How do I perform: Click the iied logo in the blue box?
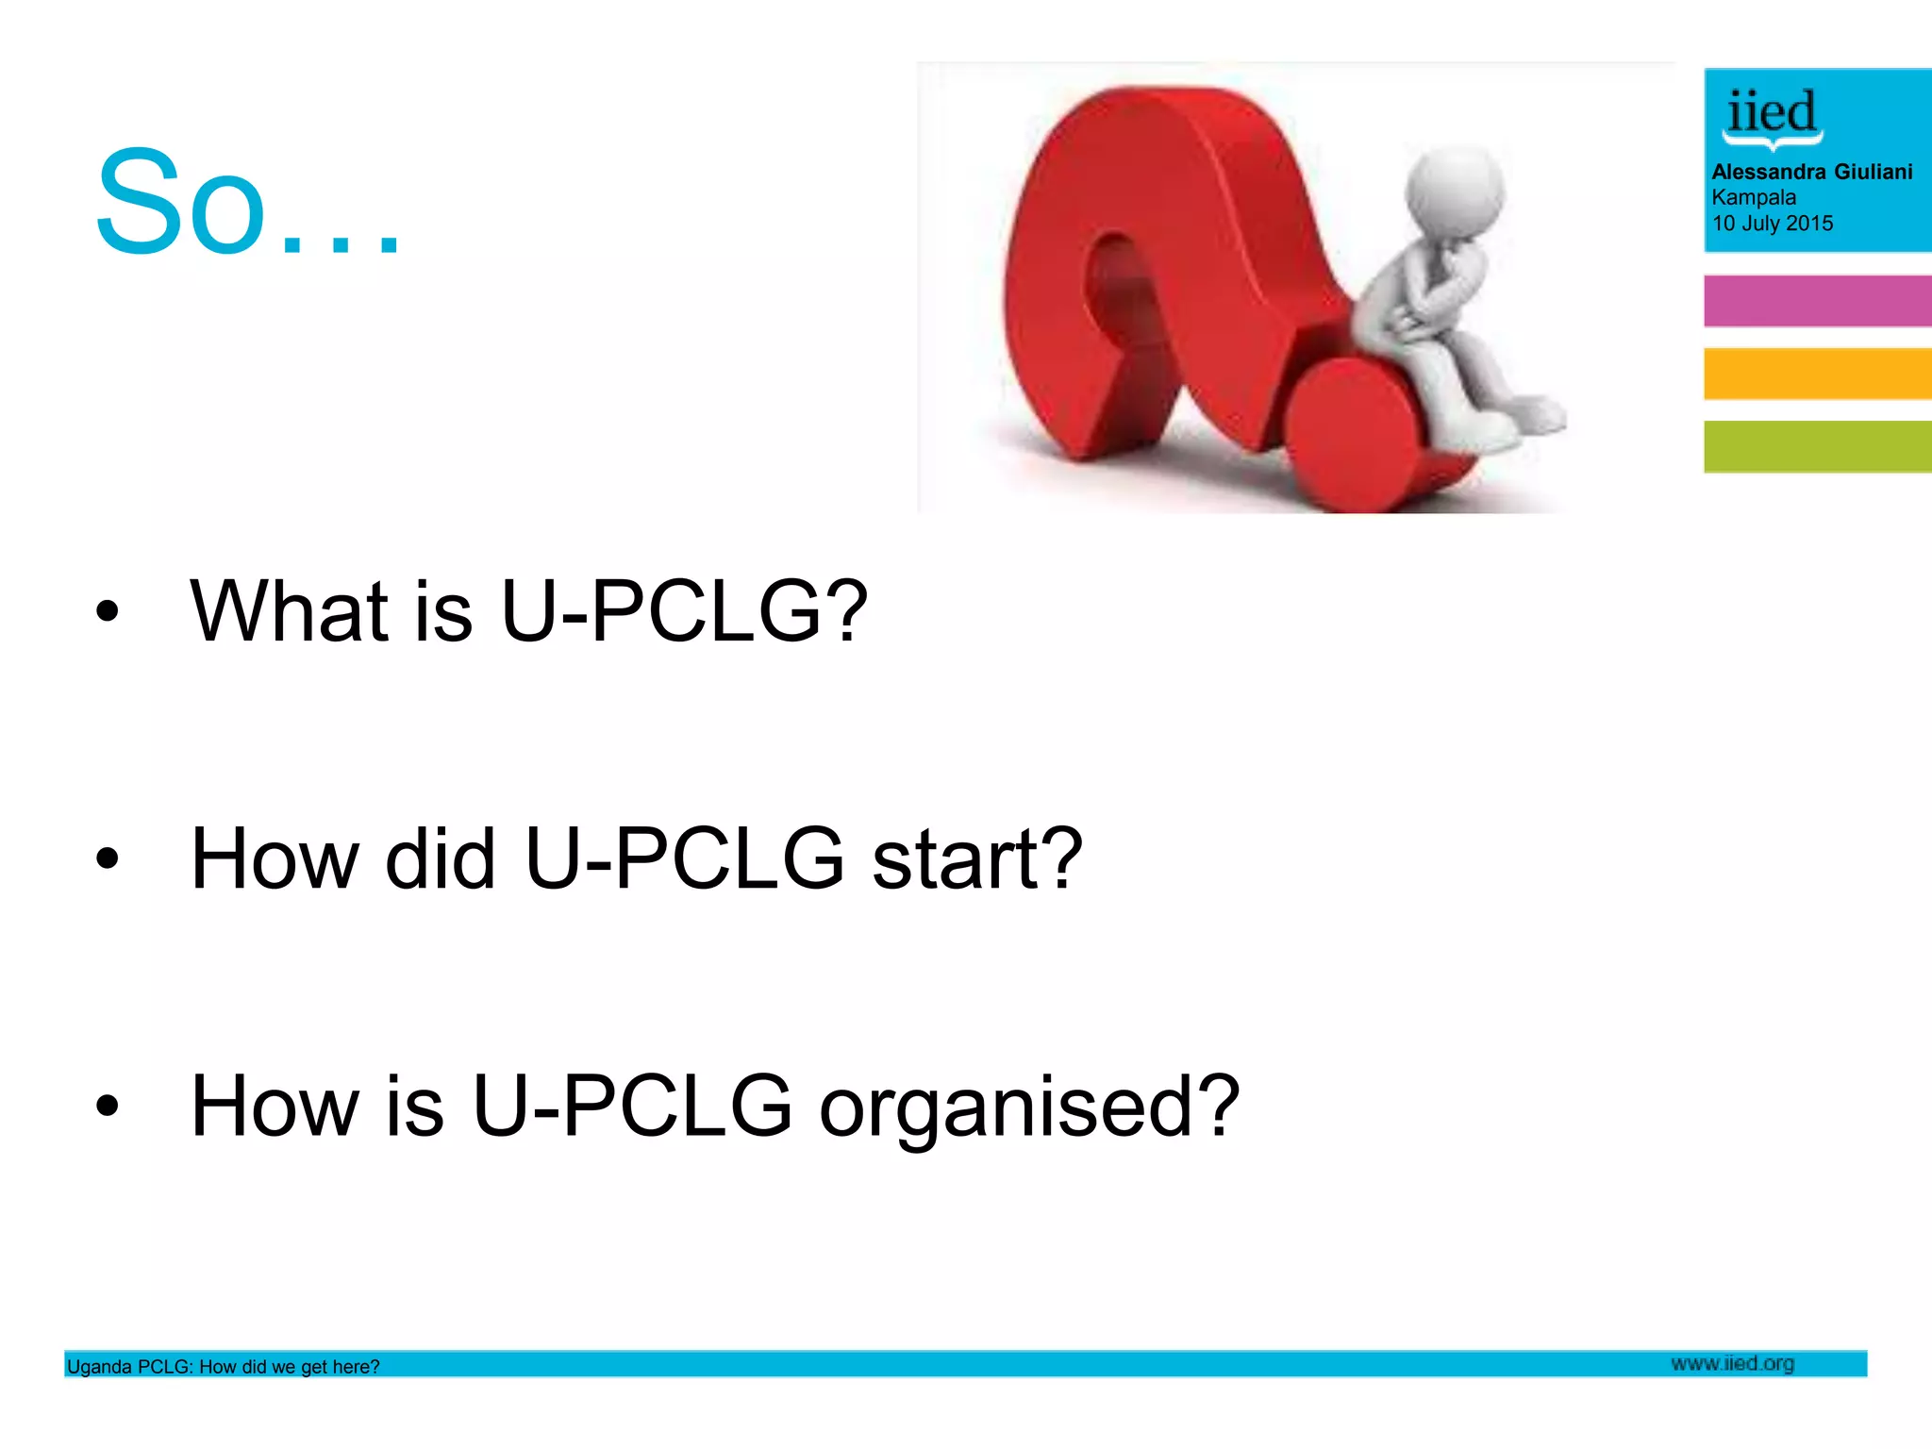click(x=1772, y=117)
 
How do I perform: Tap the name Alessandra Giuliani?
click(x=1811, y=172)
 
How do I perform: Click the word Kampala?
click(x=1754, y=197)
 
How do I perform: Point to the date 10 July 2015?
click(x=1773, y=224)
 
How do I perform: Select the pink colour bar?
click(x=1817, y=301)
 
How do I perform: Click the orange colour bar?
click(x=1817, y=374)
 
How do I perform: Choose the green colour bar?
click(x=1817, y=446)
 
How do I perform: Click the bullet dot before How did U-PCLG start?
click(x=108, y=858)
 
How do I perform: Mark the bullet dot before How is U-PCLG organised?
click(x=108, y=1105)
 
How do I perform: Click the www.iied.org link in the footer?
click(x=1732, y=1363)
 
